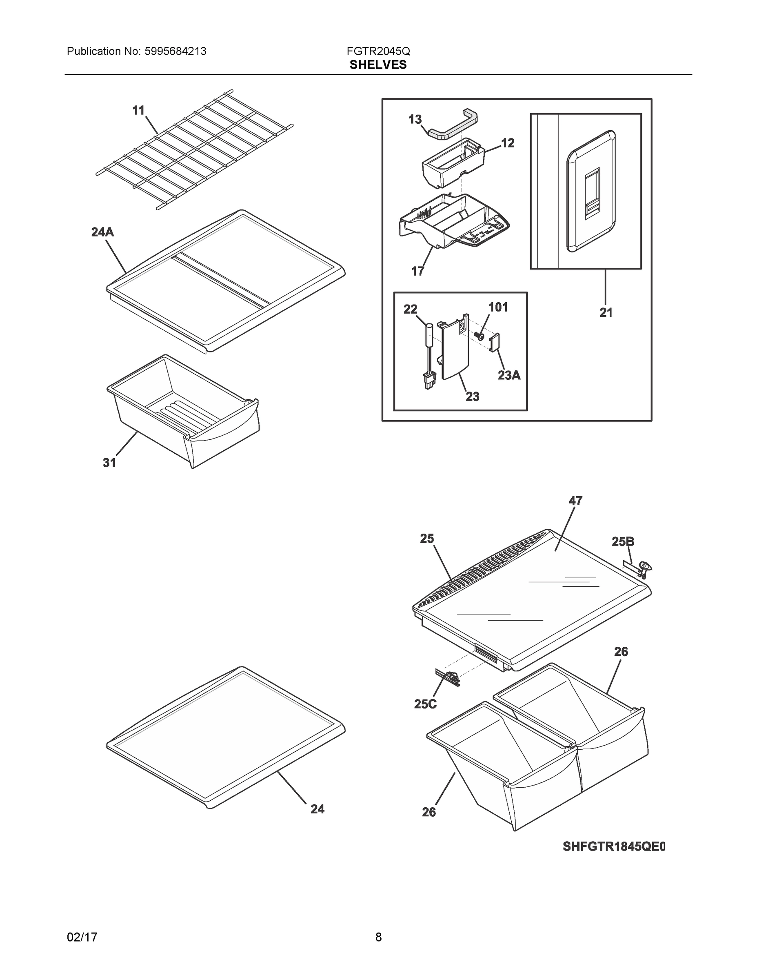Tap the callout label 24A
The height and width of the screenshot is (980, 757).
coord(103,232)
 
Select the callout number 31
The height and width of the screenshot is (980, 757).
coord(109,463)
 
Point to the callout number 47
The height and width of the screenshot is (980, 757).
coord(575,501)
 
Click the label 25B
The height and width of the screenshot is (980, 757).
coord(623,541)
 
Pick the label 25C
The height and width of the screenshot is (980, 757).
coord(425,704)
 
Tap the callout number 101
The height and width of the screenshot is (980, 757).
coord(498,307)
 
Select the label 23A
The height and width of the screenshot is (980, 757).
coord(509,375)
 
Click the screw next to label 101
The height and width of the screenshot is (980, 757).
coord(480,336)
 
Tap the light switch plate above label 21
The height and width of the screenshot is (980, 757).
coord(591,192)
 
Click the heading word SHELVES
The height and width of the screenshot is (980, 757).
coord(378,65)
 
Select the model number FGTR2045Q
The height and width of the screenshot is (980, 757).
coord(378,51)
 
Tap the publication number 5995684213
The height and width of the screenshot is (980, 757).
coord(175,51)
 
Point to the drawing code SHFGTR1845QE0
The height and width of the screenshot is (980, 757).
coord(613,847)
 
